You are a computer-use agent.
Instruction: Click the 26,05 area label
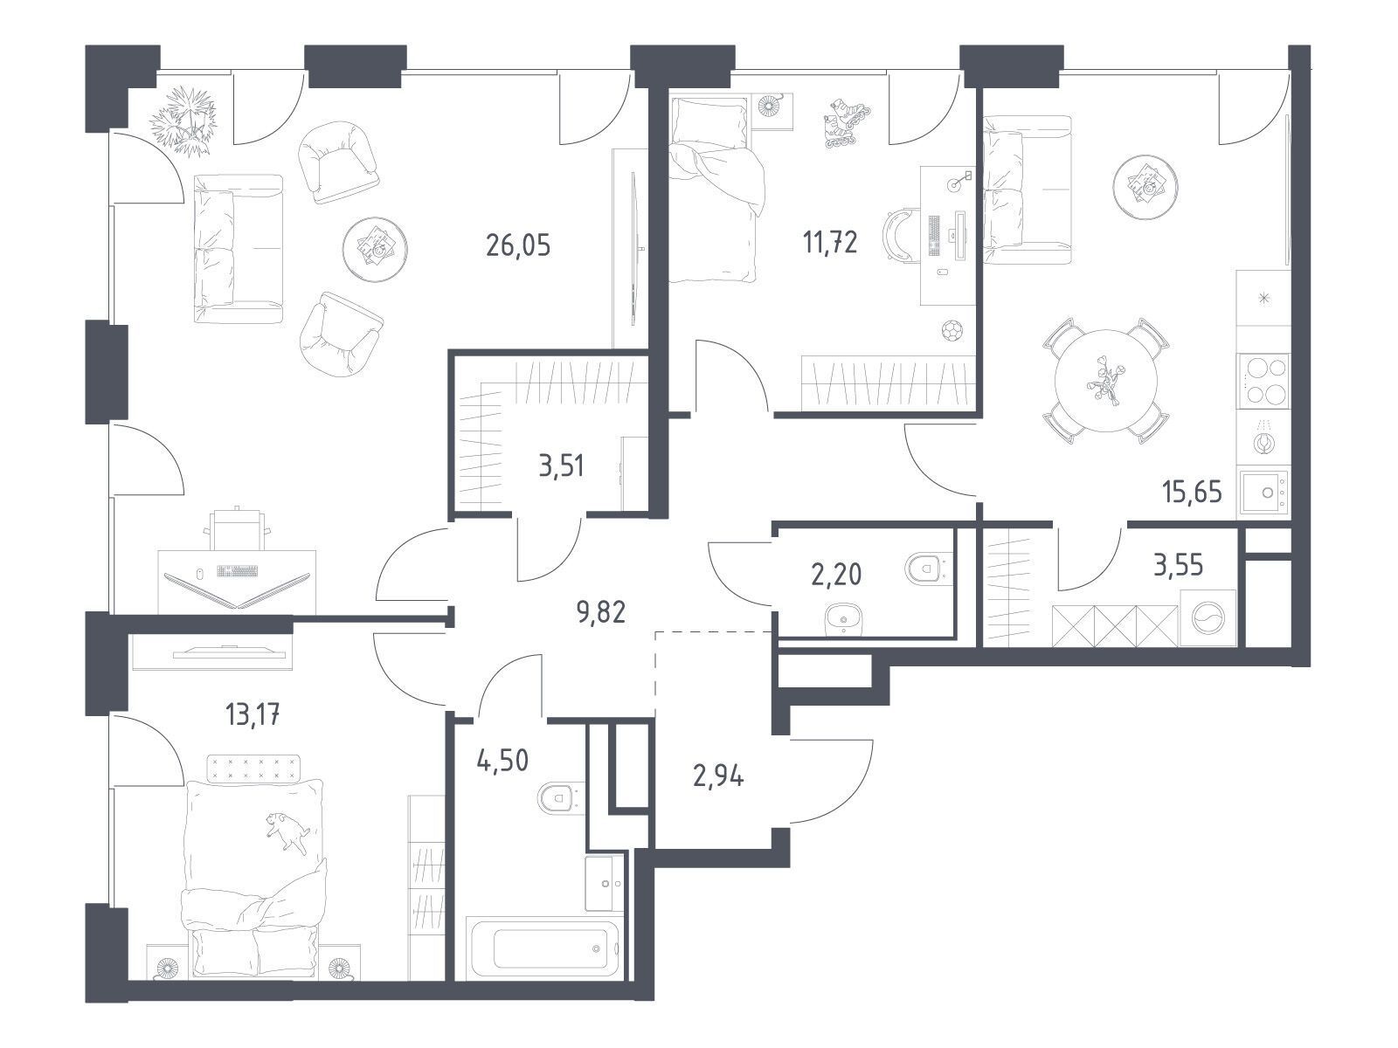pos(518,245)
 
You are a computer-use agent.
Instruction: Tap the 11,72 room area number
pos(831,243)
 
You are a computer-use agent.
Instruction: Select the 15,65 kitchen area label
pos(1193,492)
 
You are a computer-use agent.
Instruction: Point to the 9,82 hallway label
pos(600,612)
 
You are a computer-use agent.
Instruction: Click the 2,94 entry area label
pos(718,777)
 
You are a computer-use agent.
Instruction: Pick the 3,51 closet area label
pos(561,465)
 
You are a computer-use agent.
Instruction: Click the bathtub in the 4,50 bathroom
pos(543,948)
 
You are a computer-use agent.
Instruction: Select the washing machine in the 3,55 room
pos(1208,617)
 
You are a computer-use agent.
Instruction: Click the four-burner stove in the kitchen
pos(1263,381)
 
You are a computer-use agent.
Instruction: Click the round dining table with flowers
pos(1105,381)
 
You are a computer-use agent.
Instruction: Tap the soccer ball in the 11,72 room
pos(952,330)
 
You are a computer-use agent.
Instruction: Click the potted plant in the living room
pos(183,121)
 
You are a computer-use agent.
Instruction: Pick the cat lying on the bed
pos(287,831)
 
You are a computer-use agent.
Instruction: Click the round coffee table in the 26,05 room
pos(375,249)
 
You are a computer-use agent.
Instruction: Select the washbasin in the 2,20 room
pos(844,619)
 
